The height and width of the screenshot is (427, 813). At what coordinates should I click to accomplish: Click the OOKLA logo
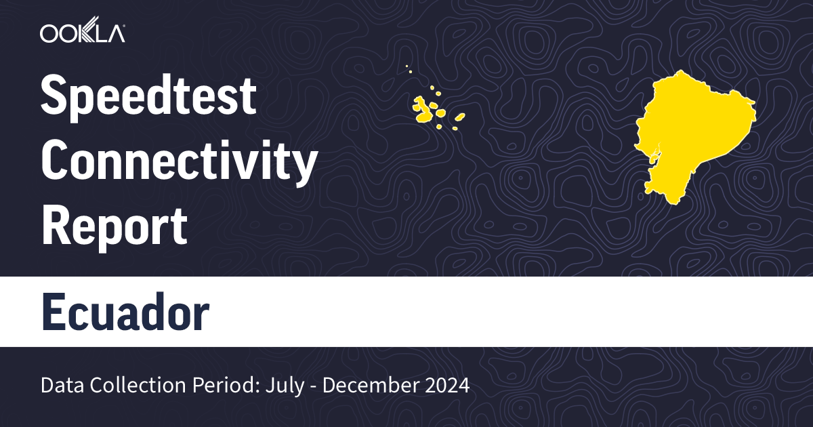(82, 33)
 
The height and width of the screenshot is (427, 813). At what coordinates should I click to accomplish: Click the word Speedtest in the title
(148, 98)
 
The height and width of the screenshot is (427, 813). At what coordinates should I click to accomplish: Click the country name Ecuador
(125, 312)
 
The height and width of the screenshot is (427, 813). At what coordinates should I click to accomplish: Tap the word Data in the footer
(60, 386)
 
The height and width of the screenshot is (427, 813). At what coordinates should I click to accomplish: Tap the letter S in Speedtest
(53, 98)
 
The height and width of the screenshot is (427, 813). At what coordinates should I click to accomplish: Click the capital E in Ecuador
(52, 312)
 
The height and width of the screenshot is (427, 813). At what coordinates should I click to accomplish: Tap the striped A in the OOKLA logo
(115, 33)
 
